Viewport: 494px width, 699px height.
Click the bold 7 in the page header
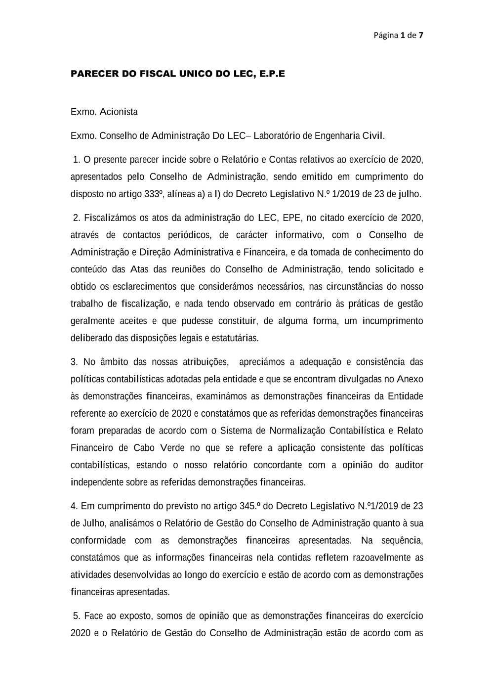421,35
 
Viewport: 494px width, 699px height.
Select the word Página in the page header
386,35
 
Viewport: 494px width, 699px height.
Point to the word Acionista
119,112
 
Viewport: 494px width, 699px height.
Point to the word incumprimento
393,321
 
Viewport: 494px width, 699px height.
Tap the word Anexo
410,379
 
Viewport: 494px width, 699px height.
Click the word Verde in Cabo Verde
172,448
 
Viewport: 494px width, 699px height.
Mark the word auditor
409,465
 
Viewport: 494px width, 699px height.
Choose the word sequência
402,540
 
